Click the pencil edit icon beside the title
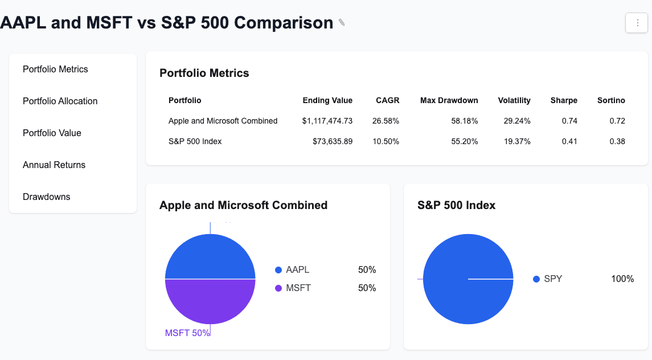click(x=342, y=23)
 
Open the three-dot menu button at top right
click(x=637, y=23)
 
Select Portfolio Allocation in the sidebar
click(x=60, y=101)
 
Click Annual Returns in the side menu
click(x=54, y=165)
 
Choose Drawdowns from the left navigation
click(x=47, y=197)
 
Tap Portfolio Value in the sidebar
click(x=52, y=133)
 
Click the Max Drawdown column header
click(x=449, y=100)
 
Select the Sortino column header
click(x=611, y=100)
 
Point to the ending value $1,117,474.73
click(x=327, y=121)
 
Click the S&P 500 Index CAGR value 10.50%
click(x=386, y=141)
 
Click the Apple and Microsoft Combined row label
click(x=223, y=121)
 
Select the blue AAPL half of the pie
click(x=210, y=256)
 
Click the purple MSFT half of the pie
click(x=210, y=302)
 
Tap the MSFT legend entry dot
click(x=278, y=288)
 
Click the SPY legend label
click(x=553, y=279)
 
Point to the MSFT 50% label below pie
click(x=187, y=333)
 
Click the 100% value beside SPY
click(x=622, y=279)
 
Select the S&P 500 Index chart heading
click(x=456, y=205)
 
